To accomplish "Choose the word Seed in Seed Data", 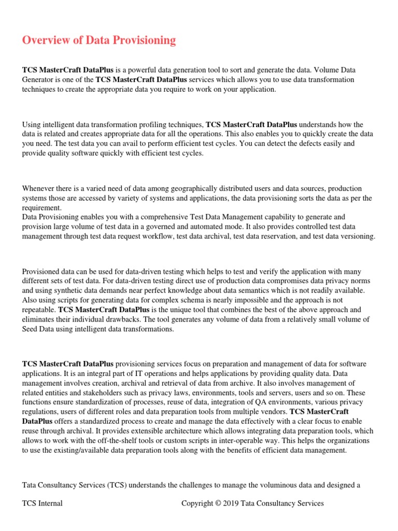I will click(31, 329).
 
